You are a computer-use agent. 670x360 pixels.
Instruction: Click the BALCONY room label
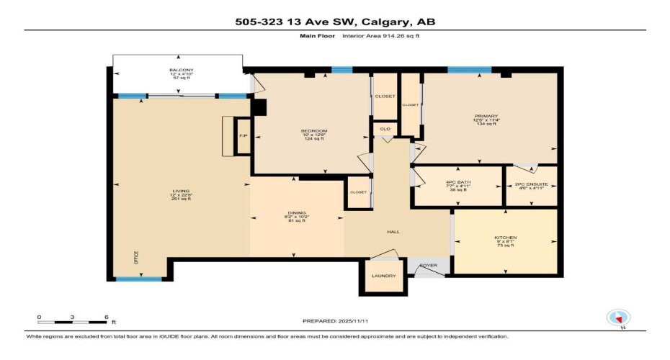click(176, 71)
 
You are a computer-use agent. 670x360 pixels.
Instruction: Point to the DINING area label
click(297, 213)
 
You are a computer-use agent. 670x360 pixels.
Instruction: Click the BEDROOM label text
click(313, 130)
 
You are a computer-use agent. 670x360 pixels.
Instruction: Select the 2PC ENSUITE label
click(532, 185)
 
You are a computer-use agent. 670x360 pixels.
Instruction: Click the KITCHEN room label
click(505, 238)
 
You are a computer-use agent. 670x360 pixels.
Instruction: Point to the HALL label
click(393, 232)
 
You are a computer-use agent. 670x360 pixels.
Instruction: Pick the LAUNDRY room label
click(384, 276)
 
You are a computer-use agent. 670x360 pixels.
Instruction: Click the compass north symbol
click(620, 318)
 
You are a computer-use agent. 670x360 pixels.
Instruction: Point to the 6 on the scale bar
click(106, 317)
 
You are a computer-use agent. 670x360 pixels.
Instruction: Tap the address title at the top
click(335, 22)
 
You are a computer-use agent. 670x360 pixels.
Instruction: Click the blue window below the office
click(139, 279)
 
